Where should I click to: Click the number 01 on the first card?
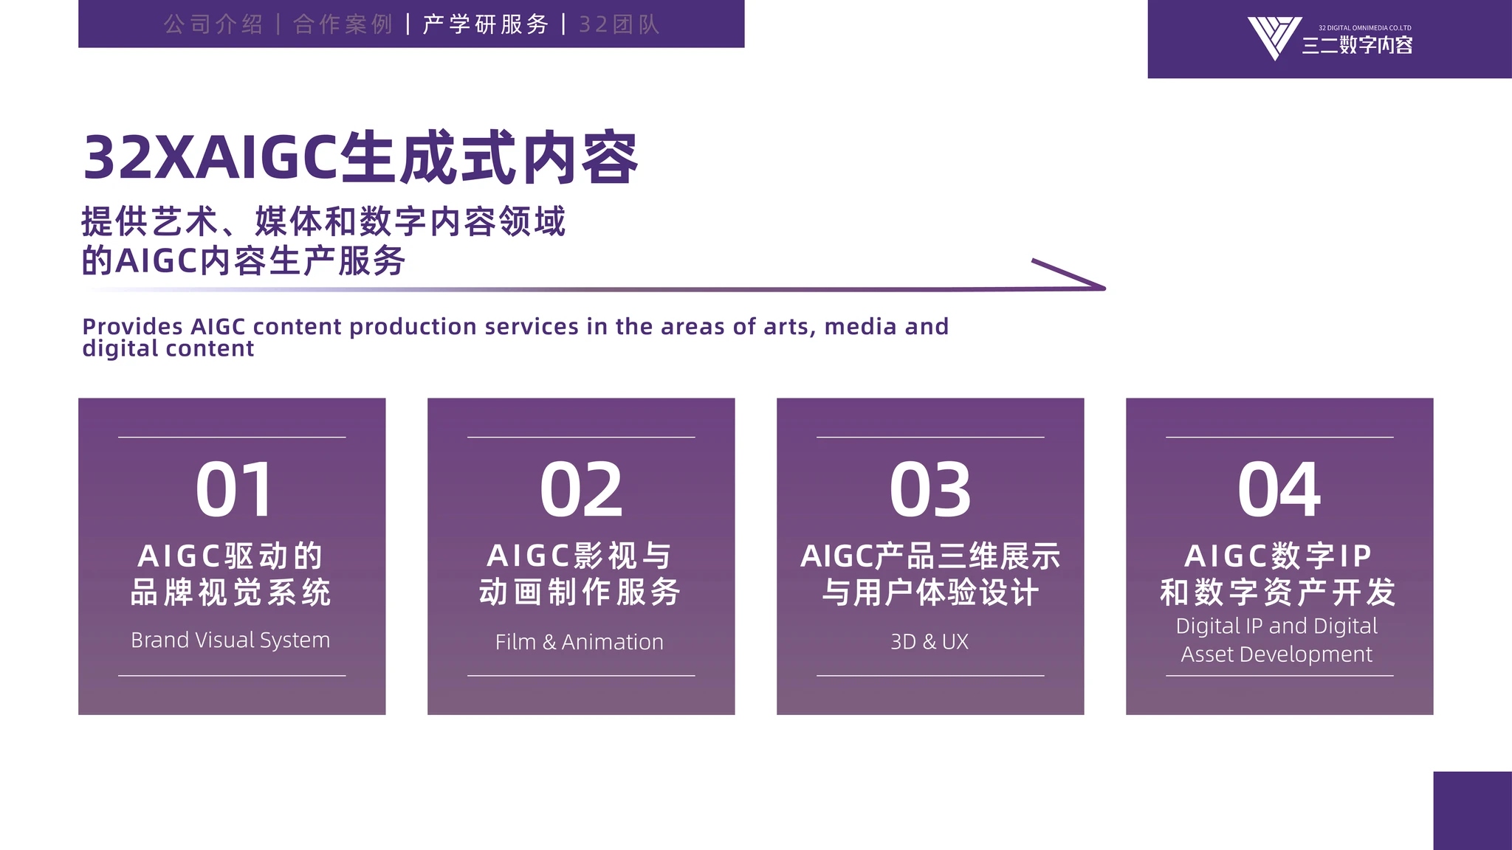coord(234,489)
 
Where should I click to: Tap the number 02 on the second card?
coord(581,489)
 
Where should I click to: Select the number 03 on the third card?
coord(930,489)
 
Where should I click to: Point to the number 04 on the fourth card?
coord(1279,489)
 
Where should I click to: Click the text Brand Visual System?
coord(230,640)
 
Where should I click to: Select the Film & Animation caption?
coord(580,642)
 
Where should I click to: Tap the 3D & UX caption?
coord(929,642)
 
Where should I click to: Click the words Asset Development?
coord(1276,654)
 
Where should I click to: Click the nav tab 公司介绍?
coord(213,24)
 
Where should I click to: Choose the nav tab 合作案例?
coord(343,24)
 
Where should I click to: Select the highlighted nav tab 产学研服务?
coord(486,24)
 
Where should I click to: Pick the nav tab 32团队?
coord(619,24)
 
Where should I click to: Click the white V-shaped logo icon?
coord(1274,37)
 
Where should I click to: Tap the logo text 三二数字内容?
coord(1357,46)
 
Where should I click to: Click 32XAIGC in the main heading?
coord(211,158)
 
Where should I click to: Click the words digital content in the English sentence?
coord(168,348)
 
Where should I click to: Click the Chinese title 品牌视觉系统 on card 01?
coord(230,592)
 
